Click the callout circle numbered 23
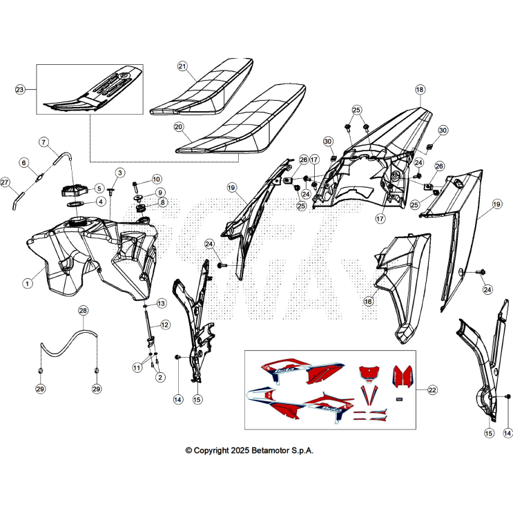[20, 89]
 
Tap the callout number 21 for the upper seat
[182, 66]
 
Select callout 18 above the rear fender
[420, 89]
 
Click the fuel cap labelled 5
[75, 190]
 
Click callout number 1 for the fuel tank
[28, 283]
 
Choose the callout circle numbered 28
[83, 310]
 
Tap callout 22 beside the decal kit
[432, 389]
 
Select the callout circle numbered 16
[369, 301]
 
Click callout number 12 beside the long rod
[165, 325]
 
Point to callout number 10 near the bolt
[157, 179]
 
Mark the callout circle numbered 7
[43, 142]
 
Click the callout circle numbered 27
[5, 182]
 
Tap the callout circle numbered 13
[162, 303]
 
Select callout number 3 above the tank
[119, 173]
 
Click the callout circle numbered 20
[179, 126]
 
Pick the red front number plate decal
[369, 372]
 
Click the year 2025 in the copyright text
[240, 450]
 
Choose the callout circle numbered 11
[137, 367]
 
